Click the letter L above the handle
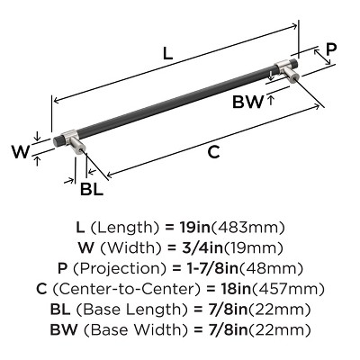[168, 54]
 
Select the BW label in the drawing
[248, 103]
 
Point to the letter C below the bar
[213, 152]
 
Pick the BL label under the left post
[91, 189]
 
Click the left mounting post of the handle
[76, 154]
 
